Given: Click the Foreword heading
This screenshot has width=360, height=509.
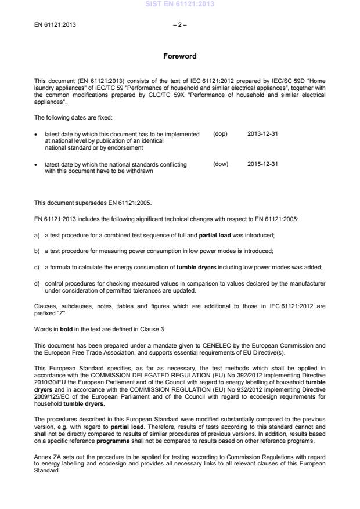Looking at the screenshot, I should point(180,56).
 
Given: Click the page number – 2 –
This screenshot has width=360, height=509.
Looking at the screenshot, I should point(180,25).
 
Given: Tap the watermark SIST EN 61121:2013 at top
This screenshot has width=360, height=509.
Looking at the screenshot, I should point(180,4).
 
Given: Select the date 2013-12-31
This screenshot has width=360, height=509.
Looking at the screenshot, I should point(262,134).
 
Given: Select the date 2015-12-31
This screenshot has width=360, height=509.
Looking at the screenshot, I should point(262,164).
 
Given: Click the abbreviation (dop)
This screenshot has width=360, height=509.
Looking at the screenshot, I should point(220,134).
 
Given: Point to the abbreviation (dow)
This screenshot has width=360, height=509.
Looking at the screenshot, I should point(221,164).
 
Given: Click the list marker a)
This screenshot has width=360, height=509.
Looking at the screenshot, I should point(37,235).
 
